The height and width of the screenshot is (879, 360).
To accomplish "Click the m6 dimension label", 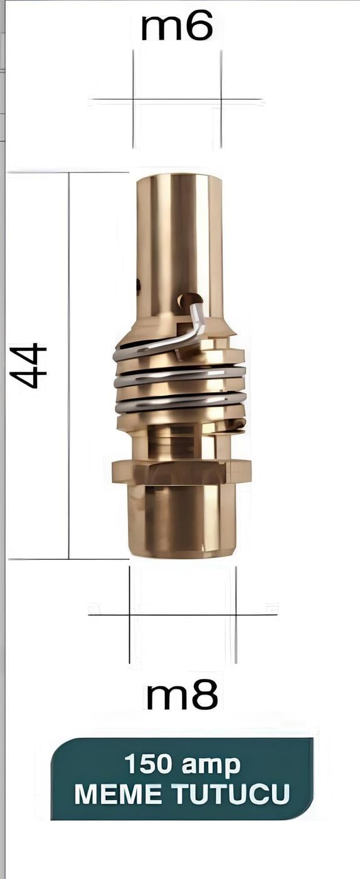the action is [x=177, y=26].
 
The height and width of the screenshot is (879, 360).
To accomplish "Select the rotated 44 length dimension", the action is [x=28, y=366].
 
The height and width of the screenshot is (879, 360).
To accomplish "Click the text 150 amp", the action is [x=182, y=764].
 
